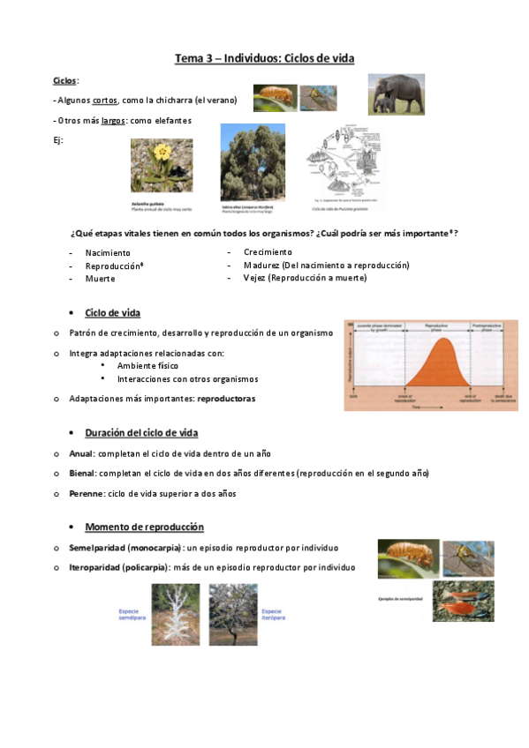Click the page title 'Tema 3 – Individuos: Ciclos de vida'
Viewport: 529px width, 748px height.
pos(264,58)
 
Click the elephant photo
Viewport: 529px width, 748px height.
pos(396,93)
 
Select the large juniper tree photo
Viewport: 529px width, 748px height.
pos(253,163)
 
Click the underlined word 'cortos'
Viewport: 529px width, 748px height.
pos(105,101)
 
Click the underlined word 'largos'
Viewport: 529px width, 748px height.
pos(113,120)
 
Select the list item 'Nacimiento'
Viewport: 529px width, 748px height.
pos(108,253)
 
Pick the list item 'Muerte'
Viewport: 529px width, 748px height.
pos(100,279)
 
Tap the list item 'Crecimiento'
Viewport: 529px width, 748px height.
pos(268,252)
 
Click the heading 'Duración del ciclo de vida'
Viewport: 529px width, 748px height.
pos(141,433)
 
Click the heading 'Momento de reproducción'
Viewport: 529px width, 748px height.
pos(144,527)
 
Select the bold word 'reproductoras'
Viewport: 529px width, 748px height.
pos(226,399)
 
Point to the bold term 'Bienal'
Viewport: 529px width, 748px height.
pos(82,474)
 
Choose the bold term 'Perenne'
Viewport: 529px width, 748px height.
pos(86,494)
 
